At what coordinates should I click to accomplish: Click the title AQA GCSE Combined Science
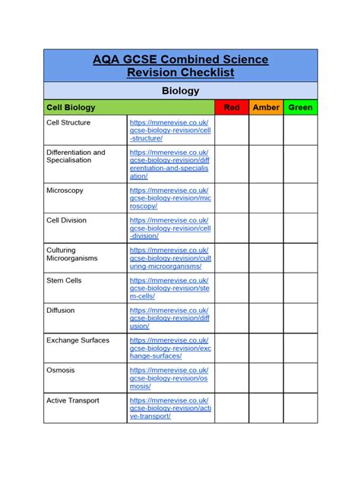point(180,59)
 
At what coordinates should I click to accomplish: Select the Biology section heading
point(180,90)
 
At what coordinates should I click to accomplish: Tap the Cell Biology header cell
point(70,108)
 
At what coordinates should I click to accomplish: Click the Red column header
point(232,108)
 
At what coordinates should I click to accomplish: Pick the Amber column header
point(266,108)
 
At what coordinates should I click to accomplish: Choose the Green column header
point(301,108)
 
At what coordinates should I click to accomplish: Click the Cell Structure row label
point(68,122)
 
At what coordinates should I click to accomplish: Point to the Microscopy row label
point(65,190)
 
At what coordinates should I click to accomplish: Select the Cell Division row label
point(67,220)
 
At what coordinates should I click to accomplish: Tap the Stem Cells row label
point(64,280)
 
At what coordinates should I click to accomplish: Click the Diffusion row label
point(61,310)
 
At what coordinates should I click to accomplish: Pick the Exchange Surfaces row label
point(77,340)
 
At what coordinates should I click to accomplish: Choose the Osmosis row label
point(61,370)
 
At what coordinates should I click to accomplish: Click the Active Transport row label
point(73,400)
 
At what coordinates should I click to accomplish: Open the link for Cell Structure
point(169,130)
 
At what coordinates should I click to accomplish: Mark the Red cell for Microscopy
point(232,197)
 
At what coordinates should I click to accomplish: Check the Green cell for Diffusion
point(301,317)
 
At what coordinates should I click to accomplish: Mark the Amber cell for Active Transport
point(266,408)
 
